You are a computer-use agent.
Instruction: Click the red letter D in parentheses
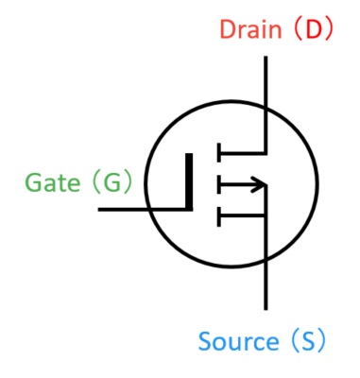[x=311, y=29]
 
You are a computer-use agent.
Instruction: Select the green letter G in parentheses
[x=112, y=181]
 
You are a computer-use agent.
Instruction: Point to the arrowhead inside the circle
[x=259, y=183]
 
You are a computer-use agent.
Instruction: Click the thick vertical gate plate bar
[x=190, y=181]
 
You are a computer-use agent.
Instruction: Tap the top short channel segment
[x=219, y=152]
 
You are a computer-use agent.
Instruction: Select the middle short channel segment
[x=219, y=183]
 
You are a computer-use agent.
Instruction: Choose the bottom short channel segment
[x=219, y=215]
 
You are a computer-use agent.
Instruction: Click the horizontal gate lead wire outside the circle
[x=123, y=208]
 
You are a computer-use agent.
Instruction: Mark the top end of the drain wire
[x=266, y=58]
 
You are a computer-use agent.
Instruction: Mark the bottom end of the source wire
[x=266, y=307]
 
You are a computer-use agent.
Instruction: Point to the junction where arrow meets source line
[x=266, y=183]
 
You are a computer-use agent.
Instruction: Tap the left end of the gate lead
[x=99, y=208]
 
